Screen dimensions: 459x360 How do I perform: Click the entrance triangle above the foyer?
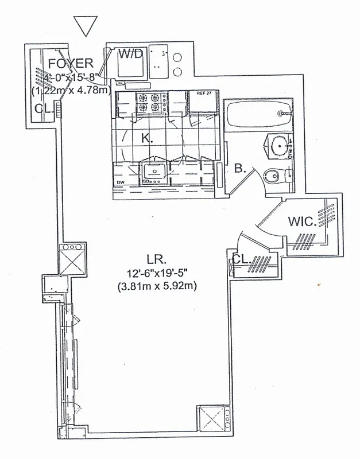coord(86,25)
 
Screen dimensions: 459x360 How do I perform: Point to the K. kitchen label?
coord(147,138)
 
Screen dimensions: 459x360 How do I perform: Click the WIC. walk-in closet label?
coord(301,221)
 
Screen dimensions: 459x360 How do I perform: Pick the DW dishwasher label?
coord(121,184)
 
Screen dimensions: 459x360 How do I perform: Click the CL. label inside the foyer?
coord(42,108)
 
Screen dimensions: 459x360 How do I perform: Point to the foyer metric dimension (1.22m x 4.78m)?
coord(70,90)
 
